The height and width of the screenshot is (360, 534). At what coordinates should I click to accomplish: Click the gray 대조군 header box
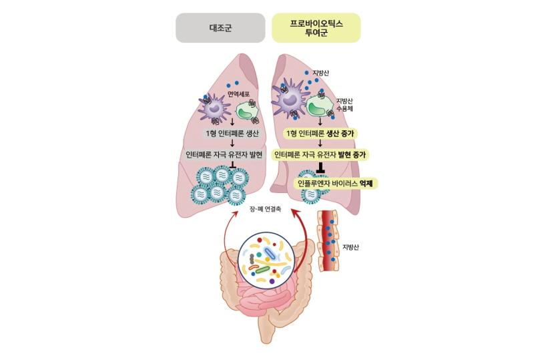pos(220,28)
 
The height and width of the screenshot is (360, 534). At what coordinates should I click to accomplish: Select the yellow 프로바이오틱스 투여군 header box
pos(316,28)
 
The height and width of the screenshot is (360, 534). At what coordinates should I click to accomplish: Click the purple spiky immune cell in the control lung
pos(214,107)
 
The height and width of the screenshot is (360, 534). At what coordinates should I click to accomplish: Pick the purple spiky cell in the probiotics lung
pos(290,100)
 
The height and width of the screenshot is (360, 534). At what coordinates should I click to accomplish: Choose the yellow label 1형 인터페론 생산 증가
pos(321,134)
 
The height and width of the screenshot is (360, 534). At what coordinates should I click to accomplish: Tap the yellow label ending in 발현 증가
pos(320,154)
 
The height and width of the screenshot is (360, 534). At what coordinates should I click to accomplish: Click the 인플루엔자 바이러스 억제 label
pos(334,182)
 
